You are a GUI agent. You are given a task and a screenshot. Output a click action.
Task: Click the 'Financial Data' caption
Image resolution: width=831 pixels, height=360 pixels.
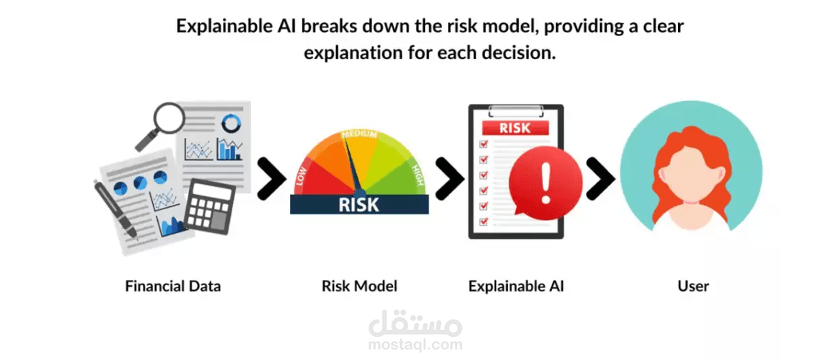point(173,286)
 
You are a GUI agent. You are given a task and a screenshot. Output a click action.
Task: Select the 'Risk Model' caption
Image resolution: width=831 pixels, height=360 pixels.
point(359,286)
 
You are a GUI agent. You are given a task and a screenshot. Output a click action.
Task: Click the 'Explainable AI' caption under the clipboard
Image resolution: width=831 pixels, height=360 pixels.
point(516,286)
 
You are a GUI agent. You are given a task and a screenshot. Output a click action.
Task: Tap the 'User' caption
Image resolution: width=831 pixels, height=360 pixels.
point(692,286)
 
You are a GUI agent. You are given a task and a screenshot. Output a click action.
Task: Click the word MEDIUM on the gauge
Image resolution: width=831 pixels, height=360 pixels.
point(359,135)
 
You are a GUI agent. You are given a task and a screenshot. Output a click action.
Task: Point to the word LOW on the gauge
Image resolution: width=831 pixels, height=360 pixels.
point(302,175)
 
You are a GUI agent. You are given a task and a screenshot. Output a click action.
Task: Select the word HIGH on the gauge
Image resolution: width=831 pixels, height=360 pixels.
point(417,174)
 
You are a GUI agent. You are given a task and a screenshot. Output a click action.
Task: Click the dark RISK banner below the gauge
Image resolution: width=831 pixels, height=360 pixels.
point(359,203)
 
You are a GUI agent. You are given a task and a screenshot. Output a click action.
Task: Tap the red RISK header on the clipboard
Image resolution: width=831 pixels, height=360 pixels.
point(514,128)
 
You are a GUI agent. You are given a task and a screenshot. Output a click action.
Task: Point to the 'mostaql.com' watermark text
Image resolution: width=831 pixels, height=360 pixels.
point(415,344)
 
